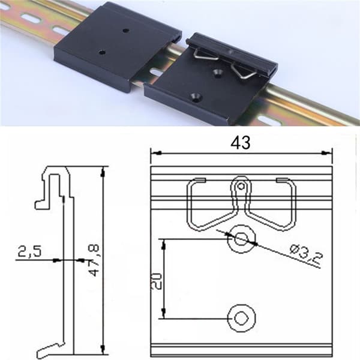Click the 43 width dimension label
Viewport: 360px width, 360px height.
click(241, 143)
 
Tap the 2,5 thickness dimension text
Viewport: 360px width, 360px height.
click(29, 251)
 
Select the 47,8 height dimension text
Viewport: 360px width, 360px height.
click(94, 260)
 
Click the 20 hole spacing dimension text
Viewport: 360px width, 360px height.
click(157, 281)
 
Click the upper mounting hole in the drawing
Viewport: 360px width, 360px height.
click(241, 239)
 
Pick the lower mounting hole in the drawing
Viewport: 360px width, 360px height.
click(241, 318)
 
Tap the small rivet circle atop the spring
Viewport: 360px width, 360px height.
click(241, 186)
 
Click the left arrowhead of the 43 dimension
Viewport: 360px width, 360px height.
click(156, 152)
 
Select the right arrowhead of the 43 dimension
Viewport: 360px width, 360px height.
click(327, 152)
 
